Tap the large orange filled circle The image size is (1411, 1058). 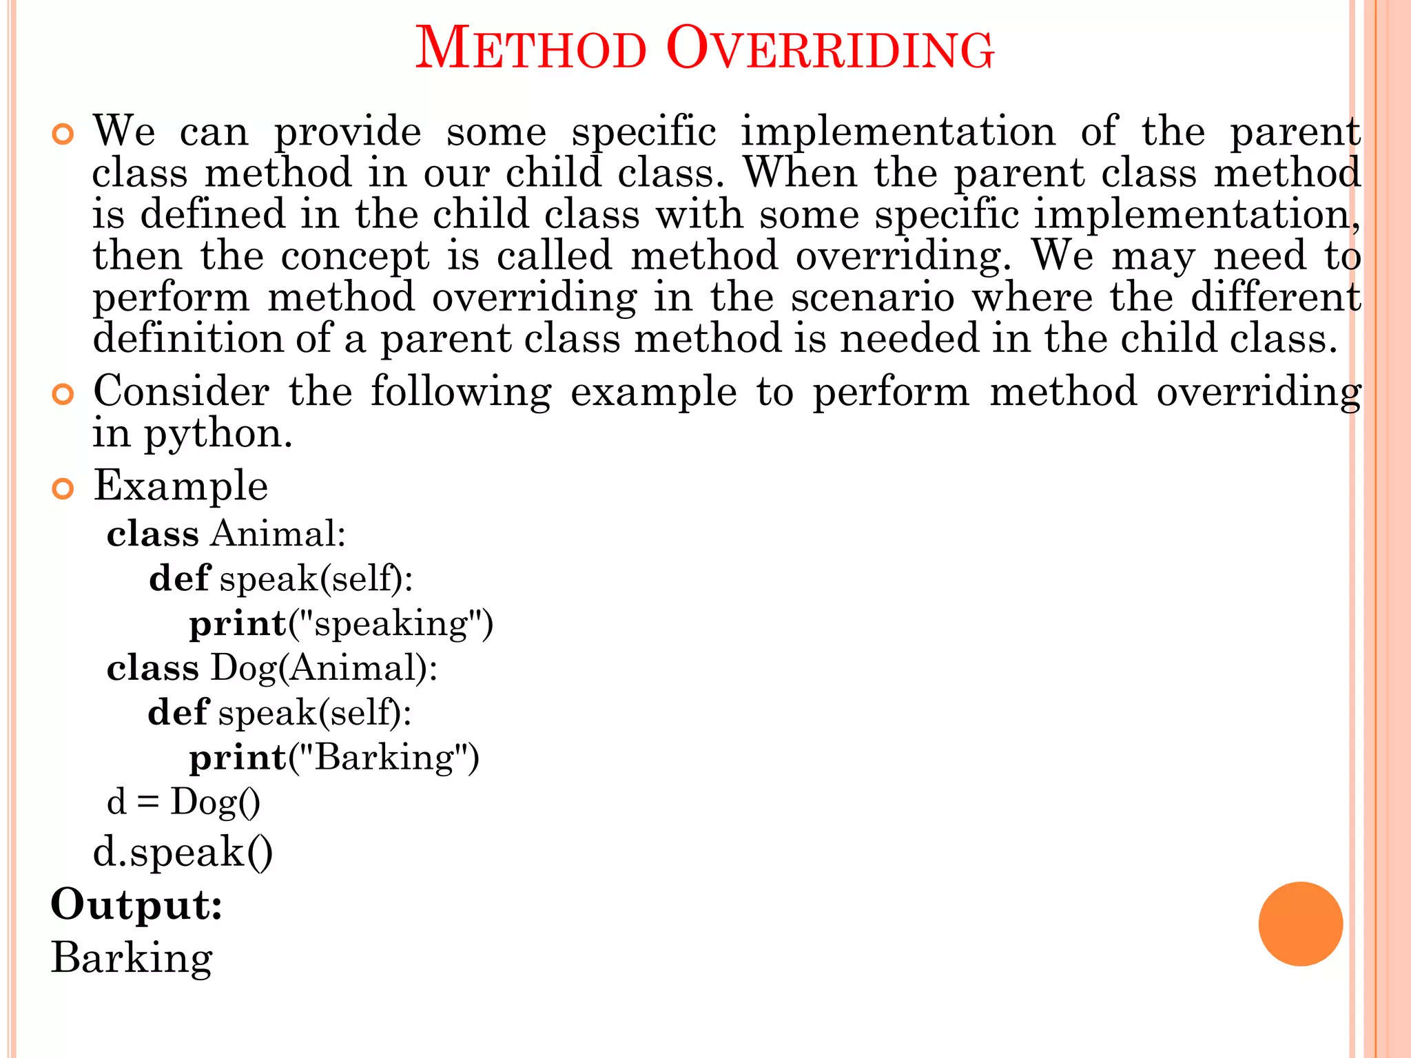point(1300,924)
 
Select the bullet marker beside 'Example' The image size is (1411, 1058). point(63,489)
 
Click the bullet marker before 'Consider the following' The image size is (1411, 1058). point(63,395)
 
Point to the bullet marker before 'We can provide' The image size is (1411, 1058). point(63,134)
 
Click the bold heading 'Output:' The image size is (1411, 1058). point(136,904)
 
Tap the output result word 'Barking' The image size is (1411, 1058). point(132,958)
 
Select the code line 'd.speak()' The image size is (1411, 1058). point(183,853)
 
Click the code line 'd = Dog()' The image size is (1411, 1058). point(183,802)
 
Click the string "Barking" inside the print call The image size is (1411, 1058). point(384,758)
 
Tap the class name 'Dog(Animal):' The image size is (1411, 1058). point(324,668)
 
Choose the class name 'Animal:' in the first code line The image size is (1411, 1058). point(278,534)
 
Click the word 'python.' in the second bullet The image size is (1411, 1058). point(218,435)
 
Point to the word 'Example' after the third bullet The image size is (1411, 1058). point(181,486)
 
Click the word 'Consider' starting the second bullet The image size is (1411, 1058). point(181,392)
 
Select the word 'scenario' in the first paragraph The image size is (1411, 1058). point(872,298)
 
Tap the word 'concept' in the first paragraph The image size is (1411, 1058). point(355,256)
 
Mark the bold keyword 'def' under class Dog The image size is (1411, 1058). point(178,712)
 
